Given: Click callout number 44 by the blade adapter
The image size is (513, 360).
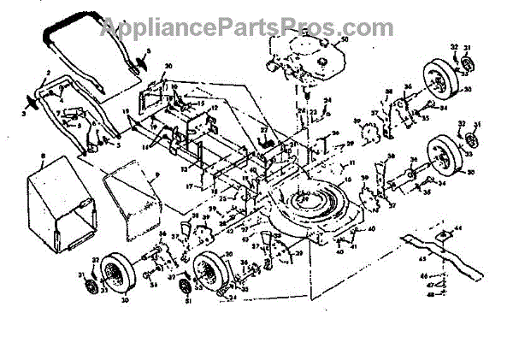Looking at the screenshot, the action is [x=458, y=227].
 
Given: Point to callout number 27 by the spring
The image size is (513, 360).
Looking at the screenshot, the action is [x=263, y=130].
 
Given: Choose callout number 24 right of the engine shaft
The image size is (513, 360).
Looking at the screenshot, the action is [x=327, y=101].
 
